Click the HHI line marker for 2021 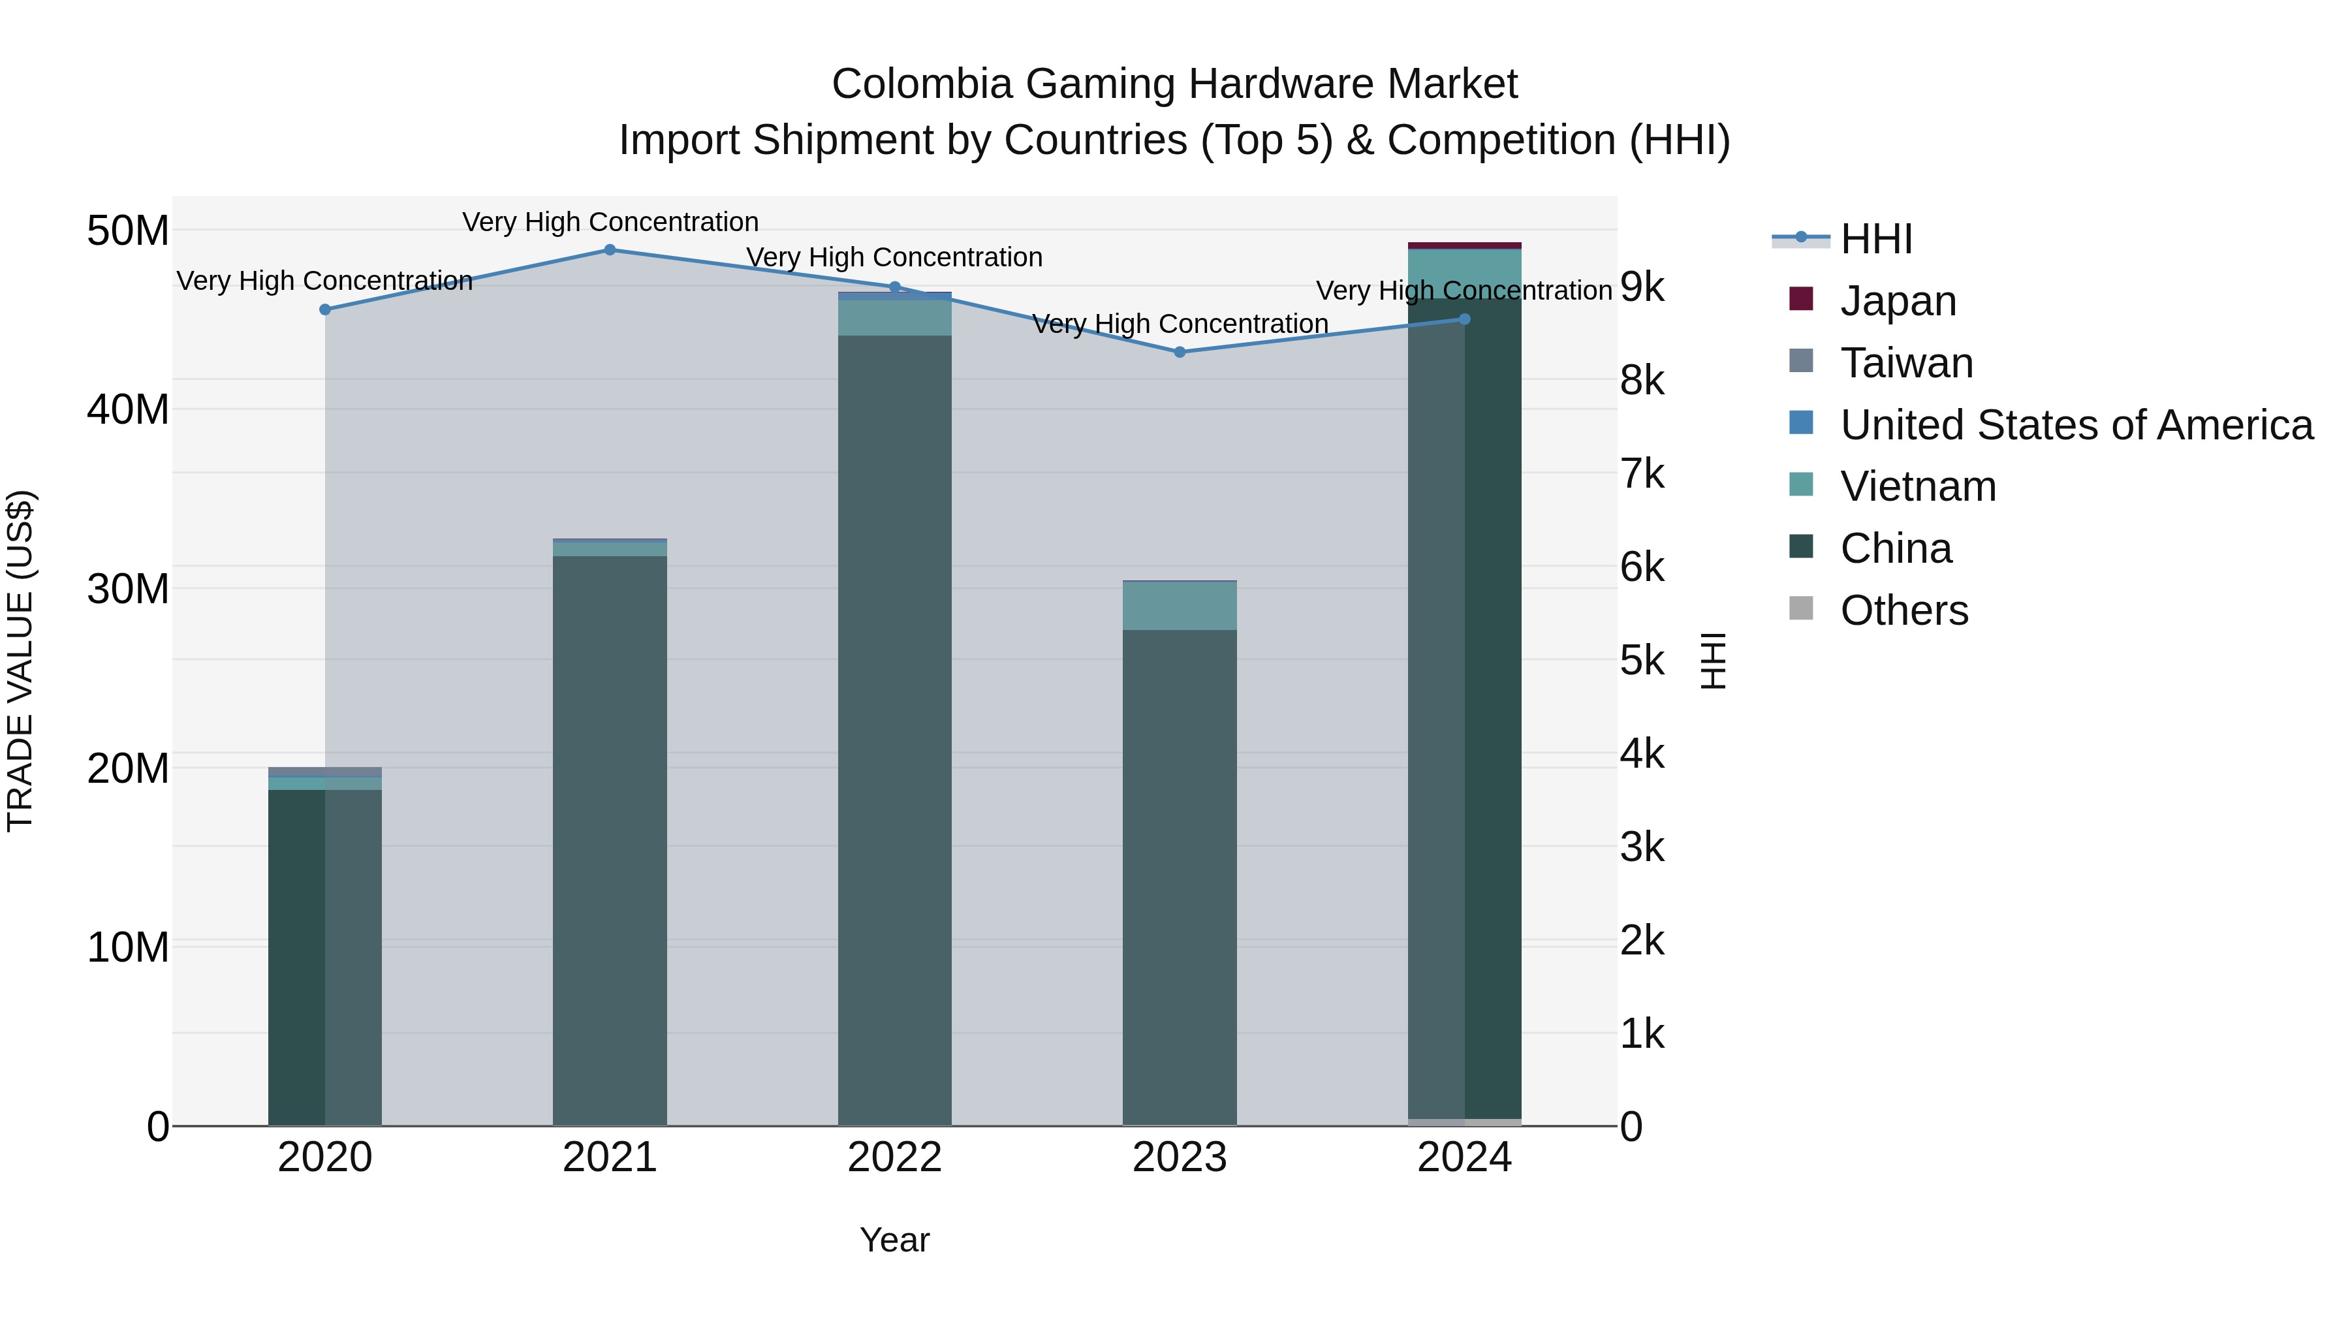click(x=610, y=250)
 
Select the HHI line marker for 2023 click(x=1180, y=352)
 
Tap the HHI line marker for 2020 click(x=325, y=309)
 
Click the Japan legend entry click(x=1898, y=300)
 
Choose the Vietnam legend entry click(x=1918, y=486)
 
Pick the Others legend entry click(x=1904, y=610)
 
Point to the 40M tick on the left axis click(x=128, y=409)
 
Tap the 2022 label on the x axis click(x=894, y=1157)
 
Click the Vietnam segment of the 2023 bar click(x=1180, y=606)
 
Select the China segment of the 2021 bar click(x=610, y=840)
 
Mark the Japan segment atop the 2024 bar click(x=1464, y=245)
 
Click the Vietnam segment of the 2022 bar click(x=894, y=317)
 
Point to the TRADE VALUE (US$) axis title click(x=20, y=661)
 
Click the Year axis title click(x=894, y=1240)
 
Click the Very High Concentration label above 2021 click(x=610, y=222)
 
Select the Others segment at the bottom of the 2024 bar click(x=1464, y=1122)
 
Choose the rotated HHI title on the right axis click(x=1714, y=661)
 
